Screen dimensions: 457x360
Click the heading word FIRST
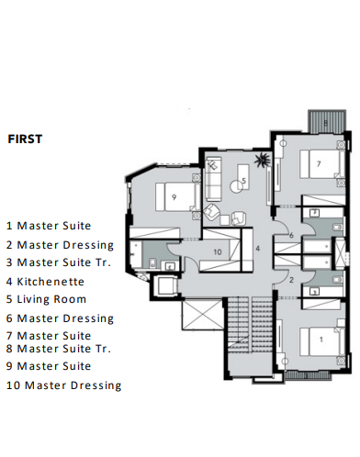pos(28,140)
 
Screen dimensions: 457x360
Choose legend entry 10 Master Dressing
pos(63,385)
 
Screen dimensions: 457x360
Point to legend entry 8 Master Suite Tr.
pos(59,349)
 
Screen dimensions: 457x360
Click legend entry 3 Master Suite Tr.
pos(59,263)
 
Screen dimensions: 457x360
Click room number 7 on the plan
pos(318,164)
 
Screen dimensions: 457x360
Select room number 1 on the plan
pos(320,339)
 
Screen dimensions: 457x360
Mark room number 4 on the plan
pos(258,249)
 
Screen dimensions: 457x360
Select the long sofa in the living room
pos(212,178)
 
